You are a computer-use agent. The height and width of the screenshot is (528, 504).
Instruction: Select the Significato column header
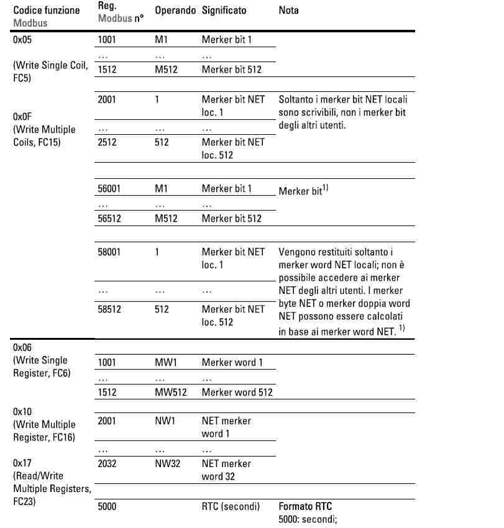[224, 11]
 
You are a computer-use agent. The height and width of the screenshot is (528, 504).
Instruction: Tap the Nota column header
[288, 11]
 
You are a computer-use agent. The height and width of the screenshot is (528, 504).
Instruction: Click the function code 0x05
[22, 39]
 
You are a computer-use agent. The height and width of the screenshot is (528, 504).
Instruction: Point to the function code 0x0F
[22, 116]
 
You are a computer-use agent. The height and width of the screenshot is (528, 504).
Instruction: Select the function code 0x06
[22, 347]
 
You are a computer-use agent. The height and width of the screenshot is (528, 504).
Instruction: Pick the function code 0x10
[22, 412]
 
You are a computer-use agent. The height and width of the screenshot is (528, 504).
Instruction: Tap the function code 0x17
[22, 463]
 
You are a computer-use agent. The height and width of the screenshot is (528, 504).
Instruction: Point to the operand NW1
[165, 421]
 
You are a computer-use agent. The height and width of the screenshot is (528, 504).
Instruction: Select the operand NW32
[167, 463]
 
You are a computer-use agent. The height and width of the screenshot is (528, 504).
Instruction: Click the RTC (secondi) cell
[231, 506]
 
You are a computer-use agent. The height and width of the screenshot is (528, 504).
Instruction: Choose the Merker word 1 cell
[232, 362]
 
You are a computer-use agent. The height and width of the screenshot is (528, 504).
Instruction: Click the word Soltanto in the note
[296, 99]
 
